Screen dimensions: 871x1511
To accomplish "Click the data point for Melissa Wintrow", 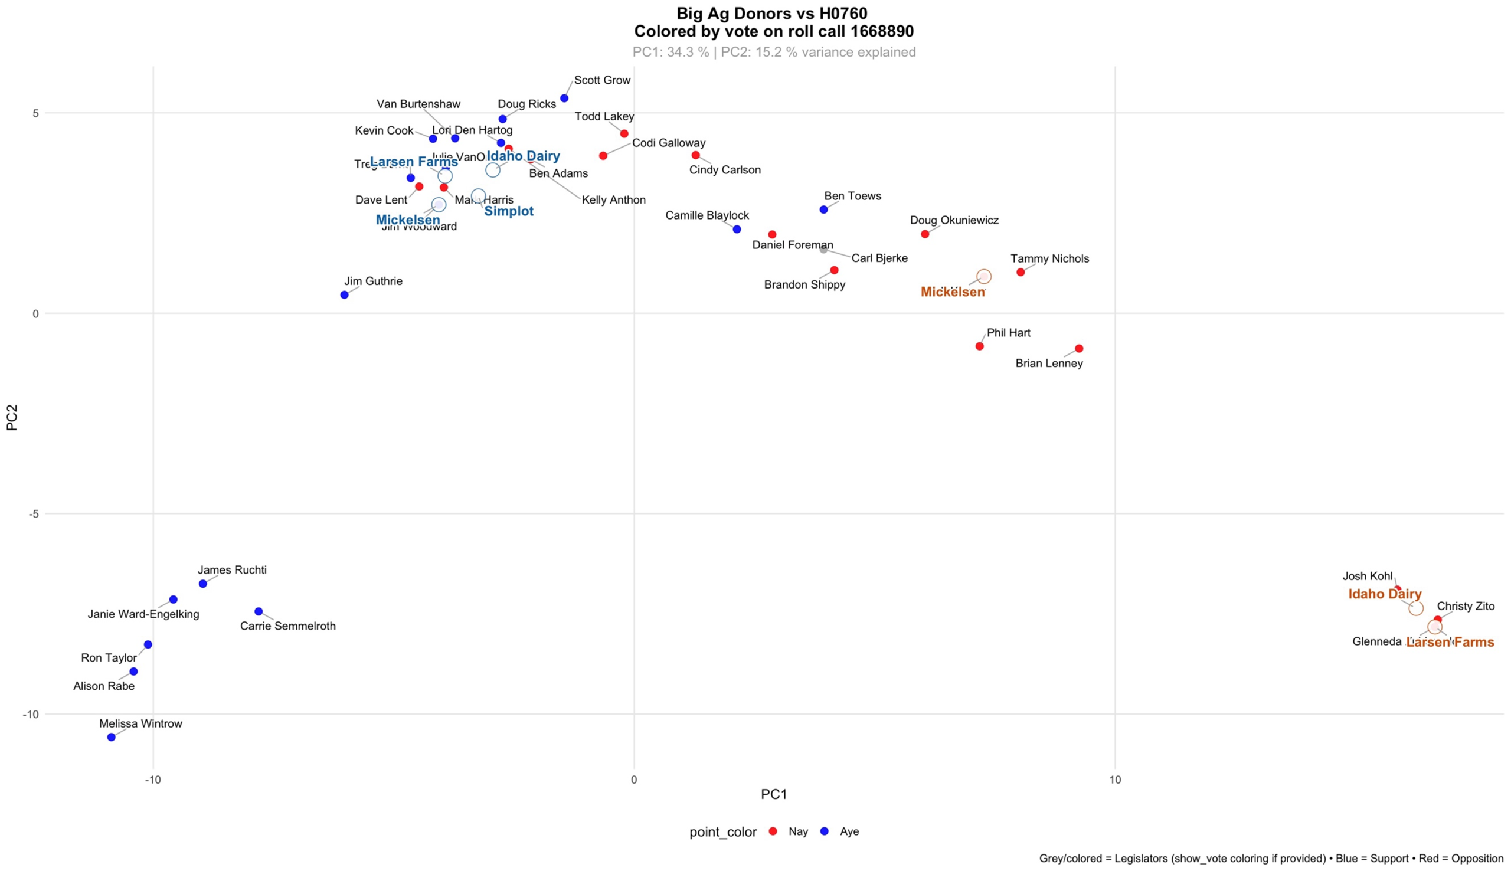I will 112,737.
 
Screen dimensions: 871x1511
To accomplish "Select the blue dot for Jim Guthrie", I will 345,295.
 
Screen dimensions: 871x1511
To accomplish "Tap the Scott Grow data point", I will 564,98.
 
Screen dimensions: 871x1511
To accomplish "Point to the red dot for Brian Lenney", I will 1079,348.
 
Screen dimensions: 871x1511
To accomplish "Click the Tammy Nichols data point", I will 1021,272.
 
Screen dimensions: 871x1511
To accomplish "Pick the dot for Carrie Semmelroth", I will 259,611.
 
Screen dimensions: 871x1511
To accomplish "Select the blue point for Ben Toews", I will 824,209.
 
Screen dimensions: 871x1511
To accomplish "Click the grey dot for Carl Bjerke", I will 824,249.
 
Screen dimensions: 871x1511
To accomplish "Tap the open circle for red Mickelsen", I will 984,276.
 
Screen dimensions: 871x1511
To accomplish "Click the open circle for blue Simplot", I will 478,195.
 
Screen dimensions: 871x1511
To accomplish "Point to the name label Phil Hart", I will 1009,333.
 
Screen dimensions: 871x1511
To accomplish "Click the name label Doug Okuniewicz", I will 954,220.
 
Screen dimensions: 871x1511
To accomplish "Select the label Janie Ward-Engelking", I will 143,614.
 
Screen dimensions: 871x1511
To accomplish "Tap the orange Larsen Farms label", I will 1450,642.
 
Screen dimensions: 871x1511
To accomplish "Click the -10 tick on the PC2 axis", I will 31,714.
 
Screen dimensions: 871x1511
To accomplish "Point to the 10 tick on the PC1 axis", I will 1115,780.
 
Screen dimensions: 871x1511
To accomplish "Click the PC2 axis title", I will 12,418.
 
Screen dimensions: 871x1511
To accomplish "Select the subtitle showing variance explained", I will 774,52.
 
